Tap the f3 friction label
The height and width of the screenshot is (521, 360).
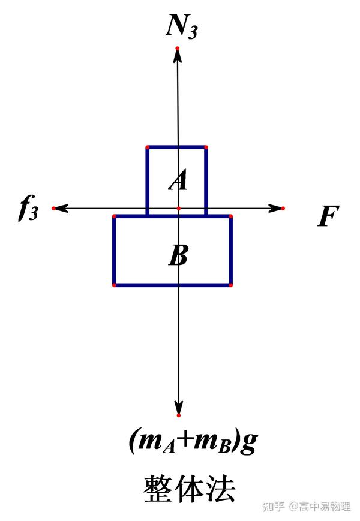click(x=28, y=208)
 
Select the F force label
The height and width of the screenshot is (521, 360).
click(x=328, y=216)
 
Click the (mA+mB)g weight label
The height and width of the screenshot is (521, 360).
click(x=193, y=442)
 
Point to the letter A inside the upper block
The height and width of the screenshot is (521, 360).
click(x=178, y=180)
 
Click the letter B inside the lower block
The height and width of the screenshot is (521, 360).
click(x=178, y=256)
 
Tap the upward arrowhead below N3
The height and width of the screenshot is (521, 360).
click(x=177, y=55)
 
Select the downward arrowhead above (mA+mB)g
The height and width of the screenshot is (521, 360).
click(x=178, y=407)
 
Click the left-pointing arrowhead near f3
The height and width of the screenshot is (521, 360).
click(x=61, y=208)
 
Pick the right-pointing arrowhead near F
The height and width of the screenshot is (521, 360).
click(x=275, y=208)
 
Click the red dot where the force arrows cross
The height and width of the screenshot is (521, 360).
click(x=178, y=208)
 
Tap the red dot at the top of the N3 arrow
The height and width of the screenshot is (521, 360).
click(x=177, y=48)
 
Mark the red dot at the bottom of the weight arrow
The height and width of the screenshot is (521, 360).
click(x=178, y=415)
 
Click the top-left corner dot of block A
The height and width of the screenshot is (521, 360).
click(x=148, y=147)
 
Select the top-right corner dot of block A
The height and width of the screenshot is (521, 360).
click(x=206, y=147)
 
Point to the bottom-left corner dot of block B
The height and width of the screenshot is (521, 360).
click(x=114, y=285)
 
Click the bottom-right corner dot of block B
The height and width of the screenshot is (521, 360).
click(x=230, y=285)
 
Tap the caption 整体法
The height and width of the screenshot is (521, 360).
click(x=189, y=489)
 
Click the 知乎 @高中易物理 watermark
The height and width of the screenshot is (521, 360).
click(x=307, y=507)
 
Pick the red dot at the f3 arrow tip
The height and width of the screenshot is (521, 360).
click(x=53, y=208)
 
